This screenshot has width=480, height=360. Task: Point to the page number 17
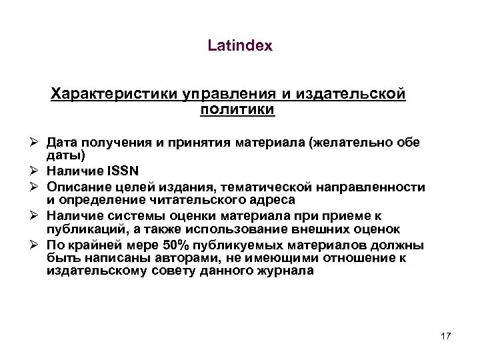point(446,335)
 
